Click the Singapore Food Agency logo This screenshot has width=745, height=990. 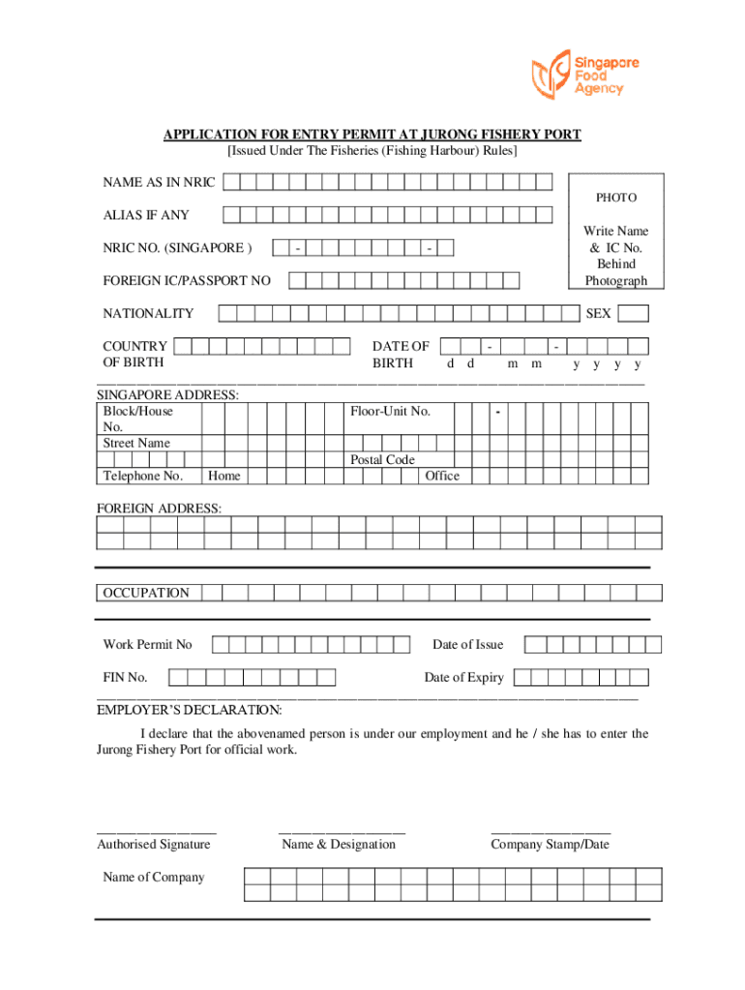(578, 74)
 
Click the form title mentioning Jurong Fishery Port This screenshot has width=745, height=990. (372, 134)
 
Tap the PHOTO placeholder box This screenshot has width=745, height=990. (616, 230)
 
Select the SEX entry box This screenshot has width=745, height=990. (634, 313)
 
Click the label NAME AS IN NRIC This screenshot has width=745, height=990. (160, 183)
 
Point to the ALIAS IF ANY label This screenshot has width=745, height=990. (147, 216)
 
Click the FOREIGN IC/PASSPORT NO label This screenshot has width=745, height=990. (187, 281)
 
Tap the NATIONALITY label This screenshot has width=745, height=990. (148, 313)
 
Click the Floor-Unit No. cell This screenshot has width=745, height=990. (390, 412)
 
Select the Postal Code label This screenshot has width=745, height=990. (382, 459)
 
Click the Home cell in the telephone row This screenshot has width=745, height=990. (224, 476)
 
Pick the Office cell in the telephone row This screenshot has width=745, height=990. (442, 476)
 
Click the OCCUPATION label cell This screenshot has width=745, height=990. (147, 593)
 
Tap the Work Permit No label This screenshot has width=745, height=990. (148, 645)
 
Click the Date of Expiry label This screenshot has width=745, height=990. (463, 678)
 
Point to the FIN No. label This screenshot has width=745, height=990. (126, 678)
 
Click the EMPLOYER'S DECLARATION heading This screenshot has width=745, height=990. (190, 711)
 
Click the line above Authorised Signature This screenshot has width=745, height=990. (157, 831)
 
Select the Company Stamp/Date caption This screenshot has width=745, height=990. (550, 845)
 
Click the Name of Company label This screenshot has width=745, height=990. (154, 878)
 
